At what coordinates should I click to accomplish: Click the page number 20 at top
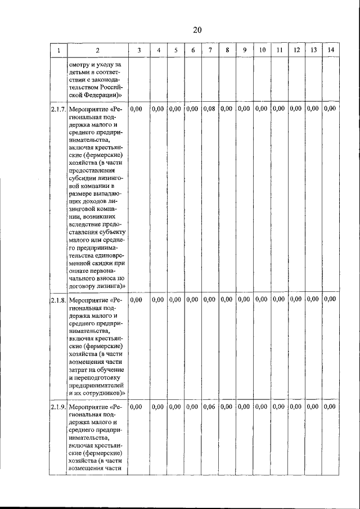click(x=197, y=30)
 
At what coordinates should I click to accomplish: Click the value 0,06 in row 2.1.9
click(x=209, y=407)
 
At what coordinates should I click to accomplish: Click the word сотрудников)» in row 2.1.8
click(x=103, y=393)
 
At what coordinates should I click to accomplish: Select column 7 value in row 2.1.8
click(x=209, y=300)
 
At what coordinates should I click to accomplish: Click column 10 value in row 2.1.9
click(x=261, y=407)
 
